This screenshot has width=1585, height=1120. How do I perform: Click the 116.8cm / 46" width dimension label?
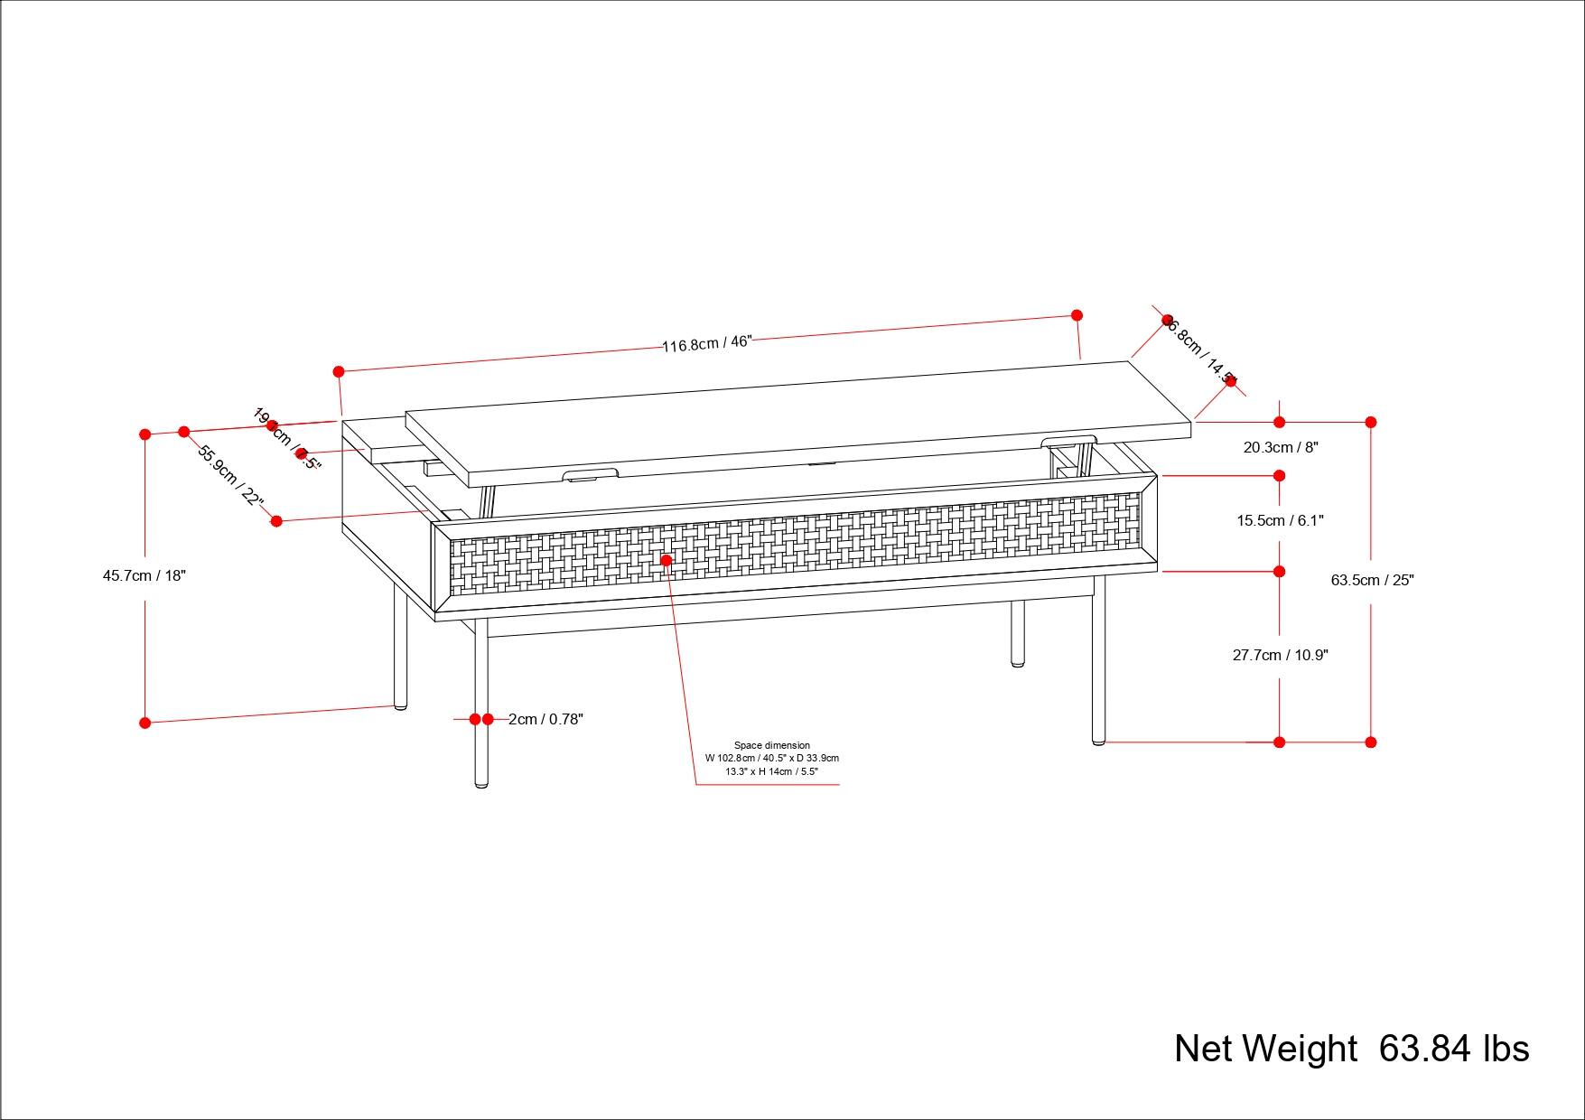[707, 343]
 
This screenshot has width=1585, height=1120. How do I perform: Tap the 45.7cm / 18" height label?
[145, 575]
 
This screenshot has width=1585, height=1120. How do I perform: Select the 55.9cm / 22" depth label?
[230, 476]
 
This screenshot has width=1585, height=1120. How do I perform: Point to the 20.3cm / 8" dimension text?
[1281, 447]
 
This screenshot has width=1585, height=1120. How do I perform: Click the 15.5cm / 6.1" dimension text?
[1280, 520]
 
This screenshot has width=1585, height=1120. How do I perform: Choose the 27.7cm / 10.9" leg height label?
[1280, 655]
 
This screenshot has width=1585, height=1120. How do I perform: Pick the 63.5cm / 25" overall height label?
[1372, 580]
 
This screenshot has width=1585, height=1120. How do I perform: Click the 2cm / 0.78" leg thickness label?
[545, 719]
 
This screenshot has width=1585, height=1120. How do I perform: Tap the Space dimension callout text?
[772, 759]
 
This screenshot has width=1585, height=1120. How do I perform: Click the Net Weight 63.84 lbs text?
[1351, 1049]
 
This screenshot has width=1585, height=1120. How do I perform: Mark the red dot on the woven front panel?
[667, 560]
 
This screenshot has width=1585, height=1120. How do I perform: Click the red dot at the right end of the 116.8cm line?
[1077, 315]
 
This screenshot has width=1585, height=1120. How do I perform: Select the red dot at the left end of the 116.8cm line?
[339, 371]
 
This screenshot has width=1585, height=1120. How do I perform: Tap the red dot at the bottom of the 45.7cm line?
[145, 723]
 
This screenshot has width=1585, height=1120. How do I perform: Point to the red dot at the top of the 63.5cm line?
[1371, 422]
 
